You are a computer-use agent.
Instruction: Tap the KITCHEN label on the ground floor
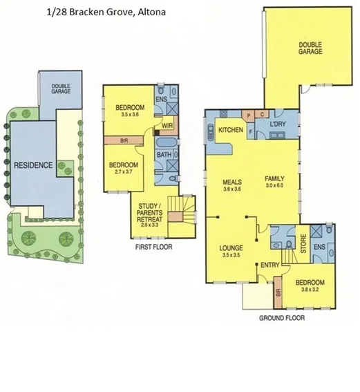click(229, 130)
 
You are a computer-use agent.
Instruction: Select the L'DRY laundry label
click(278, 124)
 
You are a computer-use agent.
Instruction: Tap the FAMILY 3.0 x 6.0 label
click(275, 181)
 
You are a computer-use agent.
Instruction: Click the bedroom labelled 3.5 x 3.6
click(129, 111)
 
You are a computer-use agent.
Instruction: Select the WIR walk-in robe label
click(167, 125)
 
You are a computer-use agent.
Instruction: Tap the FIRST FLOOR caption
click(154, 247)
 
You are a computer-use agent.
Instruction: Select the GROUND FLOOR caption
click(281, 319)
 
